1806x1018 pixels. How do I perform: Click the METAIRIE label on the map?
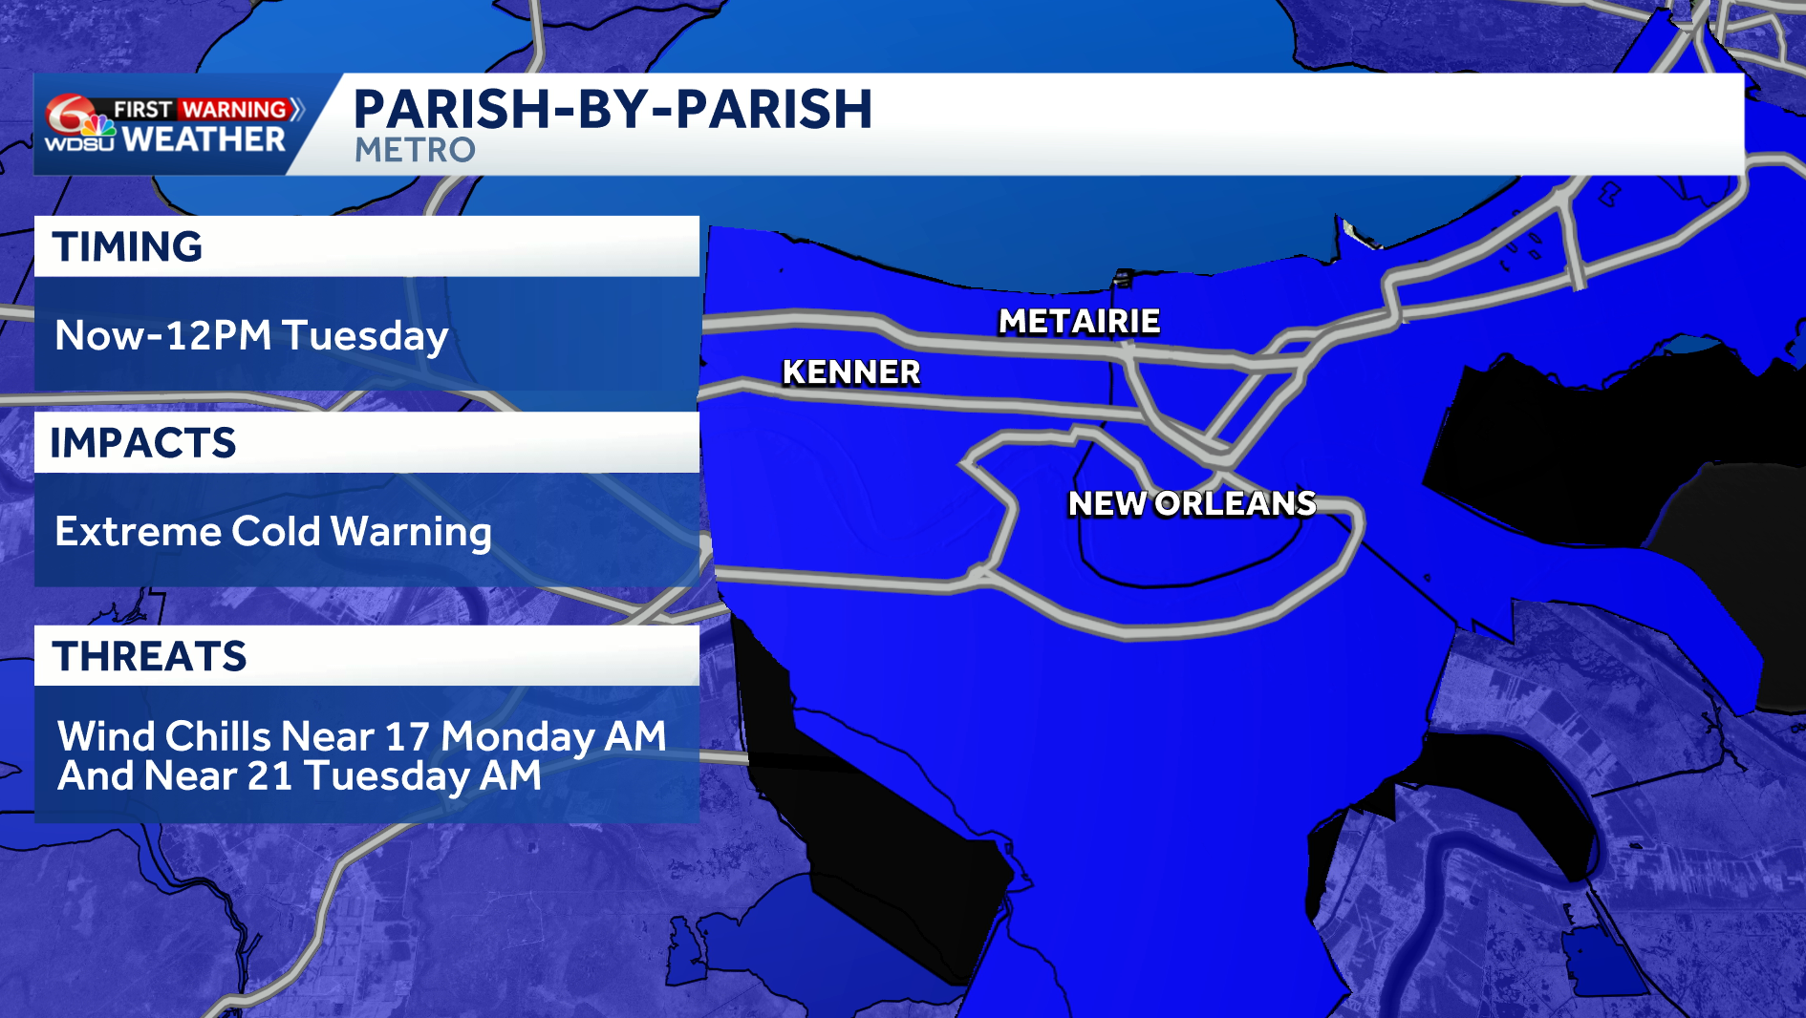coord(1079,322)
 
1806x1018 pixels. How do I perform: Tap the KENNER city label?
coord(850,372)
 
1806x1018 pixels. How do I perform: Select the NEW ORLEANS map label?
coord(1192,503)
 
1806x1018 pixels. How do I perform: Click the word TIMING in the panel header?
coord(127,247)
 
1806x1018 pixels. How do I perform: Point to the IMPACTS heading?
coord(143,443)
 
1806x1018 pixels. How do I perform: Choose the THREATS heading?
coord(150,657)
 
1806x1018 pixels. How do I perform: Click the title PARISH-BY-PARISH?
coord(613,109)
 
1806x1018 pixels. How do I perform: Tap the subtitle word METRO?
coord(415,150)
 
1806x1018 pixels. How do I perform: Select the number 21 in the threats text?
coord(269,776)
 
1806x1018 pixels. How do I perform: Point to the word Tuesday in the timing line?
coord(365,336)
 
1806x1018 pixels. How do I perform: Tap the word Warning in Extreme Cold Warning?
coord(412,532)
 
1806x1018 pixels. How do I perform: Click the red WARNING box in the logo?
coord(235,110)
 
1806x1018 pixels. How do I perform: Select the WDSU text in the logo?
coord(79,144)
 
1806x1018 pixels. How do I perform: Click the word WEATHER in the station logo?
coord(204,140)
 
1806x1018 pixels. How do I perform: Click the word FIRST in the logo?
coord(143,110)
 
